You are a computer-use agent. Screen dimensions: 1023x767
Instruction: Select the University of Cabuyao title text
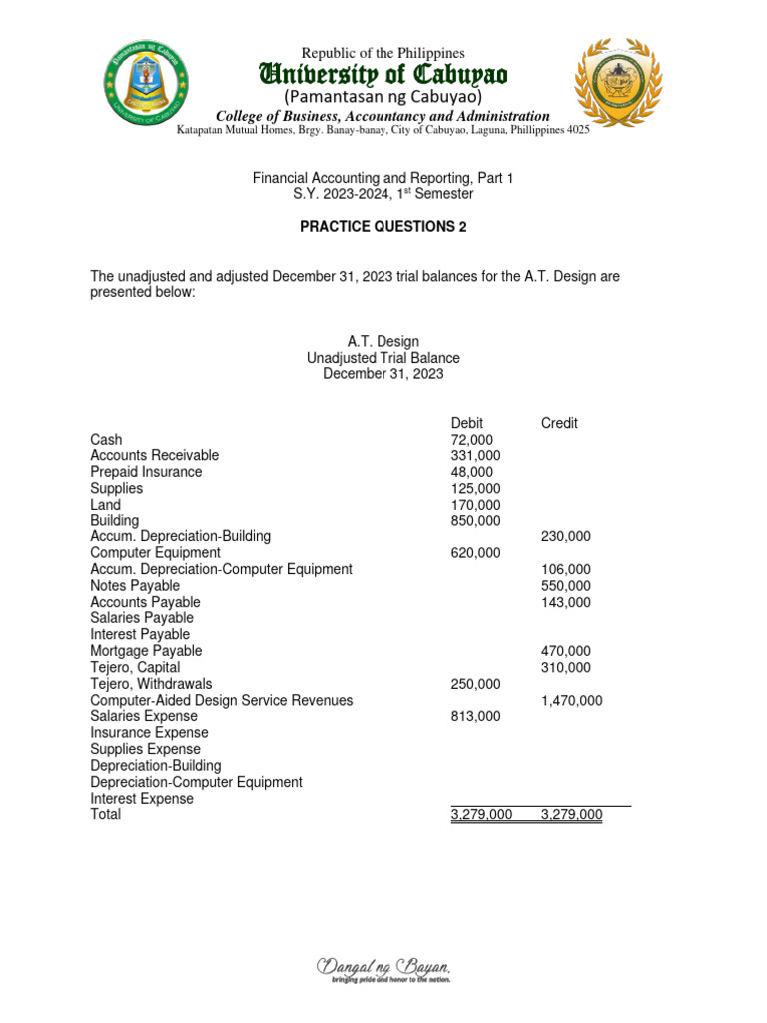(x=383, y=74)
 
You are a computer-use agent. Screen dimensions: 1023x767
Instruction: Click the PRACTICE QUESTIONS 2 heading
(x=383, y=227)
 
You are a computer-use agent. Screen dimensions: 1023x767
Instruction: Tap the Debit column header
(x=467, y=423)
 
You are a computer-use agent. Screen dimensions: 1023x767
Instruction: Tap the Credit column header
(x=559, y=423)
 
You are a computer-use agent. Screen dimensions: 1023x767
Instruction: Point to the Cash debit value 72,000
(x=472, y=439)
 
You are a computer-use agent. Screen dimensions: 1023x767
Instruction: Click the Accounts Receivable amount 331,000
(x=476, y=456)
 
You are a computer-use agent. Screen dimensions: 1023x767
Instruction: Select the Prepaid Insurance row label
(x=146, y=472)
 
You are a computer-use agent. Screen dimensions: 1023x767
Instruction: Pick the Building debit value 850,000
(x=476, y=520)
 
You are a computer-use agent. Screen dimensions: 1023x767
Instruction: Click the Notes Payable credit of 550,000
(x=565, y=585)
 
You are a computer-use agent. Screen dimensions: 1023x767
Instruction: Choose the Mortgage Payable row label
(x=146, y=651)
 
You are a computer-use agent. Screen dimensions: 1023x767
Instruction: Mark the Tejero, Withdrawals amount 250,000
(x=476, y=684)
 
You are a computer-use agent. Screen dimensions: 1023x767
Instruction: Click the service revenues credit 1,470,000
(x=571, y=701)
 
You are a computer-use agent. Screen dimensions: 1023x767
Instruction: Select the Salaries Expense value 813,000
(x=476, y=716)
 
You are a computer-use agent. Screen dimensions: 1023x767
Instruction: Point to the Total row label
(x=105, y=815)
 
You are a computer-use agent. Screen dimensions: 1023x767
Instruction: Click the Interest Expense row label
(x=142, y=799)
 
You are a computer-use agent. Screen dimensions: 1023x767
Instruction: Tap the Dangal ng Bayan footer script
(x=383, y=969)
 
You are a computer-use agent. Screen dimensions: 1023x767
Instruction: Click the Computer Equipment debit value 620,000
(x=476, y=552)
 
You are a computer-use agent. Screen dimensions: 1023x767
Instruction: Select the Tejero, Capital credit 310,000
(x=565, y=667)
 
